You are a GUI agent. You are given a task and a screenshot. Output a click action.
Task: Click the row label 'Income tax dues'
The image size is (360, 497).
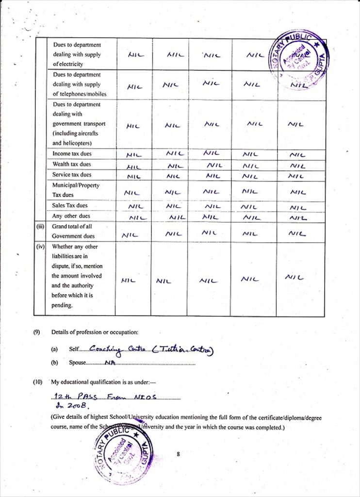point(72,154)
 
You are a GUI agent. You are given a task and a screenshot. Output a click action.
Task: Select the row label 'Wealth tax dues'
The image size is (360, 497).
point(72,164)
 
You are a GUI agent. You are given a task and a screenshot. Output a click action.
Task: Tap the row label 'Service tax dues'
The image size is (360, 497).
point(72,175)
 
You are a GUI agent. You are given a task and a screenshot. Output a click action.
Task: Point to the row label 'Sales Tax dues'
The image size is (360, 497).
point(70,205)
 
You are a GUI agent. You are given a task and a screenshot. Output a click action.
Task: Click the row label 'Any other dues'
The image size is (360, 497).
point(71,216)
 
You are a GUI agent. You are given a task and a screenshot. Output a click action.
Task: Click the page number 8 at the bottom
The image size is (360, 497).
point(179,454)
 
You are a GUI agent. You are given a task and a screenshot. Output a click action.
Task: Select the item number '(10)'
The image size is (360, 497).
point(38,382)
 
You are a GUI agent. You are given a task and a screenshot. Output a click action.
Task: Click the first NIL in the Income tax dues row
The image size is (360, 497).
point(133,155)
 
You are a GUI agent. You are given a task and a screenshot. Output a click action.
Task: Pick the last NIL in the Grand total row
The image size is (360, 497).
point(296,234)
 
